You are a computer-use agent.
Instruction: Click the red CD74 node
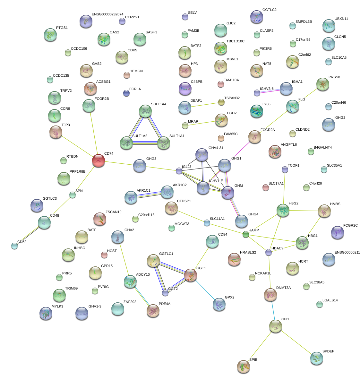coord(99,160)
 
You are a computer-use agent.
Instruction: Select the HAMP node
coord(245,235)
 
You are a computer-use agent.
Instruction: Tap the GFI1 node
coord(275,326)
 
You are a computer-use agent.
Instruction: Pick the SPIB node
coord(244,367)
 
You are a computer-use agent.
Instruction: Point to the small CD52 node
coord(14,246)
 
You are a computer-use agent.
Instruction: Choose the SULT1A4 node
coord(145,111)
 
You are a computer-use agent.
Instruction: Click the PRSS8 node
coord(322,84)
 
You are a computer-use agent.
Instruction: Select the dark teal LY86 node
coord(256,111)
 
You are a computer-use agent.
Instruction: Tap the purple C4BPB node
coord(185,89)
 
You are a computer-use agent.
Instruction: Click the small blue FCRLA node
coord(126,93)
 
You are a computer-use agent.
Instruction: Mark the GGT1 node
coord(191,275)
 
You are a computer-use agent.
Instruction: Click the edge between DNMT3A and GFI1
coord(273,310)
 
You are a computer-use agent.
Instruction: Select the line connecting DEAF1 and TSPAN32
coord(203,105)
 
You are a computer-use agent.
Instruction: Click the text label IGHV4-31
coord(215,148)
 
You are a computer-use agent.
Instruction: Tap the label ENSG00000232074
coord(107,14)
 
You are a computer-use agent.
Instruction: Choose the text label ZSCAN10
coord(113,212)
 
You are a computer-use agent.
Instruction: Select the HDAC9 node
coord(269,253)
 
